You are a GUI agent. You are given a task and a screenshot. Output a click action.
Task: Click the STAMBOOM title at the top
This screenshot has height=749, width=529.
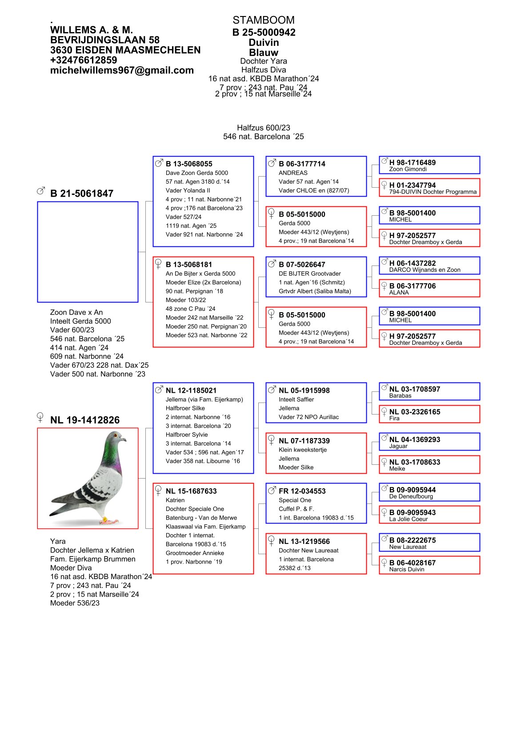[x=263, y=20]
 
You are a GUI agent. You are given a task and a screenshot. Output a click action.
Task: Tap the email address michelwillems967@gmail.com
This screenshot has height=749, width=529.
[x=122, y=70]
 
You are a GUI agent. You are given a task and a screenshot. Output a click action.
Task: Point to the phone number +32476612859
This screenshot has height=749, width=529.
[x=84, y=60]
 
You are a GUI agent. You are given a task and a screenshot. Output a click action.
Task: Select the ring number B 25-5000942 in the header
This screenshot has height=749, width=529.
[x=264, y=32]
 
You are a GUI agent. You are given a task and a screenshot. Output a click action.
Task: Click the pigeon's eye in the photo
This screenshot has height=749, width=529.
[x=117, y=435]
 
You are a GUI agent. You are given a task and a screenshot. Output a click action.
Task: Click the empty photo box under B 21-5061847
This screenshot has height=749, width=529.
[x=88, y=252]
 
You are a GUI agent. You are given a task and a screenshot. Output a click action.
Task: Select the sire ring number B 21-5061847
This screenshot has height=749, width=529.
[x=82, y=193]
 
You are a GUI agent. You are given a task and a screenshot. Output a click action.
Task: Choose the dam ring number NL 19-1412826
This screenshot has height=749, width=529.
[x=85, y=420]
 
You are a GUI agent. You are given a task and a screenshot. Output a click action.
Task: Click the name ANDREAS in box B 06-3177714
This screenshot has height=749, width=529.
[x=293, y=173]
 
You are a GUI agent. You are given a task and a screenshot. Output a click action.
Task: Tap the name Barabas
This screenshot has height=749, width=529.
[x=400, y=396]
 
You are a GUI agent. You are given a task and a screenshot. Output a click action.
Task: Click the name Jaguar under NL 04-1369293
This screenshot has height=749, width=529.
[x=398, y=446]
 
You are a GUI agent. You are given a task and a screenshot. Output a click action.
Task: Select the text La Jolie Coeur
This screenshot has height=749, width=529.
[x=408, y=519]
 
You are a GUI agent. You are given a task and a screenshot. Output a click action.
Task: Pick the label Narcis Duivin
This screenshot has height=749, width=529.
[x=406, y=569]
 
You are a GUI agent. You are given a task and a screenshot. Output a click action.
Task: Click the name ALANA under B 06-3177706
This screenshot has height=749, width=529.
[x=399, y=293]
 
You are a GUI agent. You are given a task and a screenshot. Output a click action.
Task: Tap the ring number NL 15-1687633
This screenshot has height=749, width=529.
[x=191, y=491]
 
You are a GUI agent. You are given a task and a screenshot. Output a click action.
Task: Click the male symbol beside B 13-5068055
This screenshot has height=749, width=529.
[x=159, y=163]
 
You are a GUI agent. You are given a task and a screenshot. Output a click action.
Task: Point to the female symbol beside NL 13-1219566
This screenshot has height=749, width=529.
[x=271, y=541]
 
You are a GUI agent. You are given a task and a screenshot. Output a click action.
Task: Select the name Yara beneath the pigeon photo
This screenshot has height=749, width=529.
[x=58, y=541]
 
